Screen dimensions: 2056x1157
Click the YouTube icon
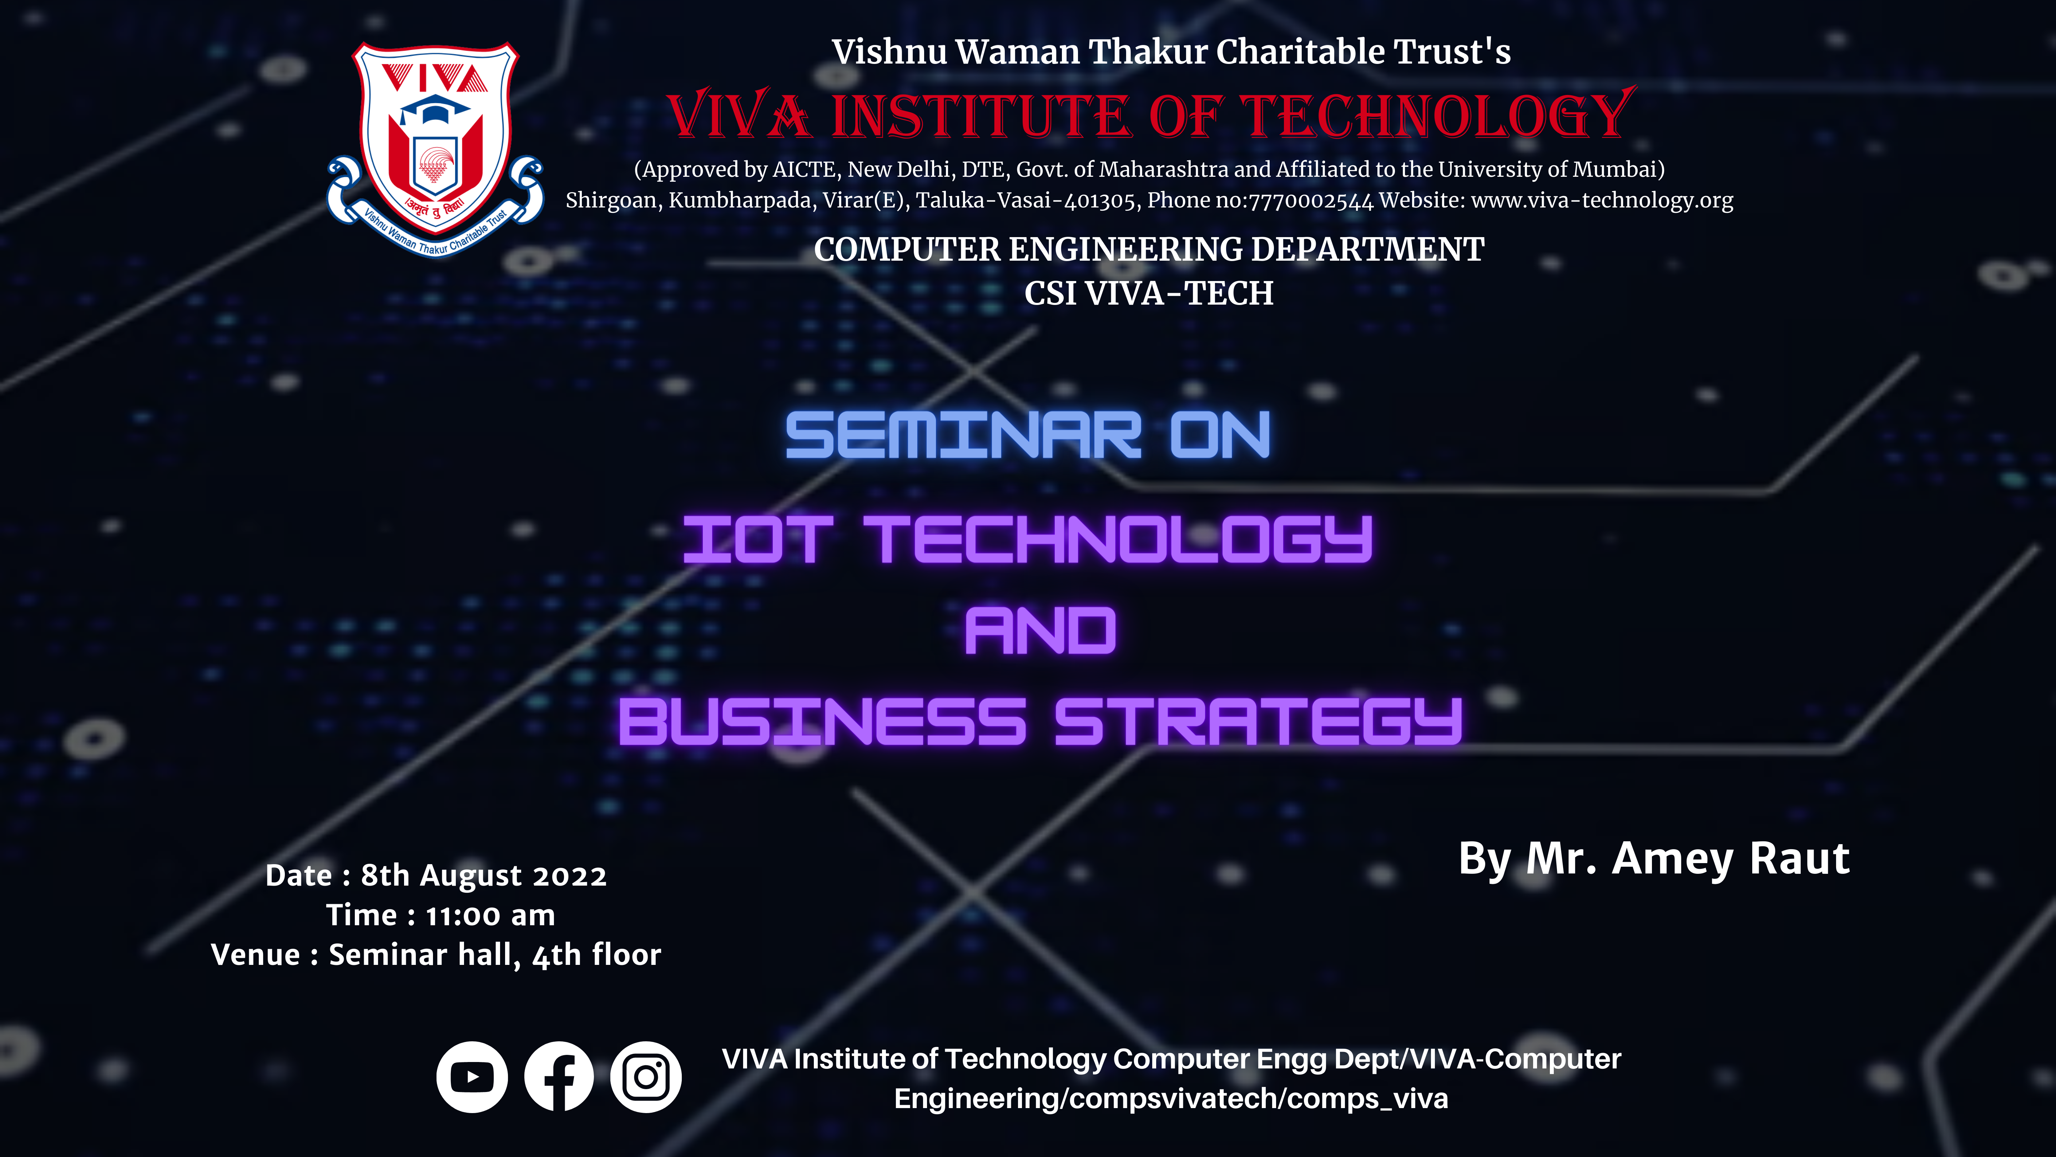[x=472, y=1077]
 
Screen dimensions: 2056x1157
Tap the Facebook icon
[x=559, y=1077]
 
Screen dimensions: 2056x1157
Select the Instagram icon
[x=646, y=1077]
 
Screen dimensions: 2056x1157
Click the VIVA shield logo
[x=435, y=149]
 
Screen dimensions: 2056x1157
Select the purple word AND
[x=1040, y=631]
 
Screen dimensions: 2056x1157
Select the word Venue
[x=256, y=955]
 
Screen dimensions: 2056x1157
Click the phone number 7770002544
[x=1311, y=200]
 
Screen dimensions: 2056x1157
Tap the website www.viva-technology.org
[x=1602, y=200]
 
